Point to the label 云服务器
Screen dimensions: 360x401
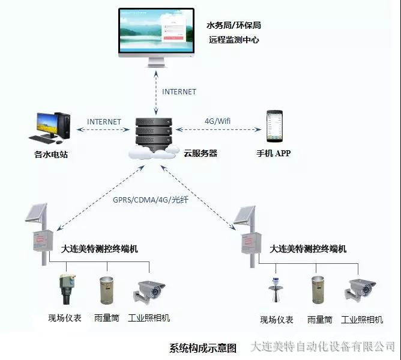point(200,153)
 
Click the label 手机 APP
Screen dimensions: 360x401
point(273,153)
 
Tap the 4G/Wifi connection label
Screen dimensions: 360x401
point(218,121)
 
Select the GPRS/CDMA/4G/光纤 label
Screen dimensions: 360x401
point(151,200)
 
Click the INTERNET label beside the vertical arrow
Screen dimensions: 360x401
point(179,92)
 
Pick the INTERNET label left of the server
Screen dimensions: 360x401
point(104,121)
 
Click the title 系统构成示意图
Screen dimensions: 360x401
point(203,348)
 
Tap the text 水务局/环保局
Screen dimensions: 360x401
point(234,25)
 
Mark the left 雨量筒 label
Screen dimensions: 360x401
point(109,319)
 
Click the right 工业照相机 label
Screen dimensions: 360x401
point(362,320)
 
